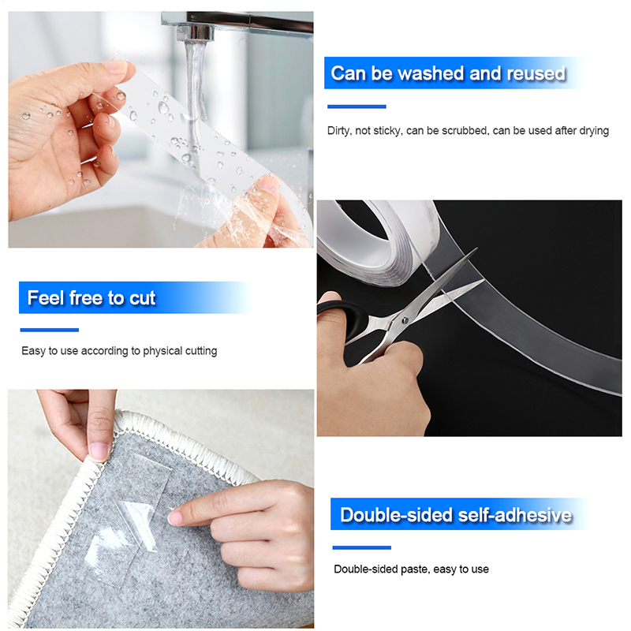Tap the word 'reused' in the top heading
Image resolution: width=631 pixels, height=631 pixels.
tap(536, 73)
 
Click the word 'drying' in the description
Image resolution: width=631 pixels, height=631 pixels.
tap(594, 131)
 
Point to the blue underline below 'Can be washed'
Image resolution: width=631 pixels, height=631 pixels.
tap(357, 106)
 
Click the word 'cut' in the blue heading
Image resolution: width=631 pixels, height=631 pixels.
tap(142, 298)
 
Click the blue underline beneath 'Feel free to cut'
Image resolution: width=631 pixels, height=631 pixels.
tap(50, 330)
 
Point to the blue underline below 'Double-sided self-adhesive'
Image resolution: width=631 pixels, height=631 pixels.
tap(361, 547)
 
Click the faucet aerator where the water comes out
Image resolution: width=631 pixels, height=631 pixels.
tap(196, 32)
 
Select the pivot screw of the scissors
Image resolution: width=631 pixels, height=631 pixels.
tap(405, 320)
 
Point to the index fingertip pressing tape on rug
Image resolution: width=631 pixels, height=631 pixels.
tap(174, 517)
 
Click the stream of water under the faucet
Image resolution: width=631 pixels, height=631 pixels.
tap(196, 101)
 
